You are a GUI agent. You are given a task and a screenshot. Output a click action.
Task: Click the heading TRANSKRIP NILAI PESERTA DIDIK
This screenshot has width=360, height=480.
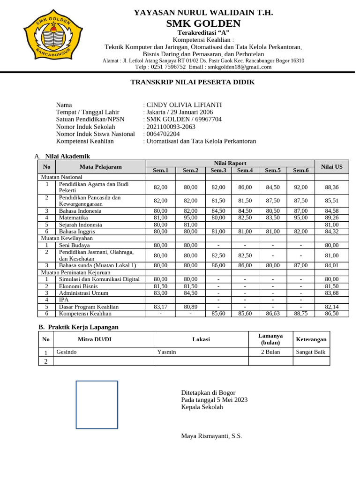point(192,82)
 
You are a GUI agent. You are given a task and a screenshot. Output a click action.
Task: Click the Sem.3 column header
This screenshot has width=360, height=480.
point(218,170)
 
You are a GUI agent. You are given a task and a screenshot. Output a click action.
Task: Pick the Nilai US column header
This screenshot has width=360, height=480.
point(331,166)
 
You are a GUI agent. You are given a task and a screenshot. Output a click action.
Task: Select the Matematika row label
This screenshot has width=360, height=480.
point(73,218)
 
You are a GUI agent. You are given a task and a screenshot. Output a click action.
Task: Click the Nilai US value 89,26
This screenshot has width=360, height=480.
point(331,218)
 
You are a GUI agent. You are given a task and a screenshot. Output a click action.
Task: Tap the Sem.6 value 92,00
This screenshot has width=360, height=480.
point(300,187)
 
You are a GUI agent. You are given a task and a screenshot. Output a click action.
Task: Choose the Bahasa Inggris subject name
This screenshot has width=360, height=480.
point(77,232)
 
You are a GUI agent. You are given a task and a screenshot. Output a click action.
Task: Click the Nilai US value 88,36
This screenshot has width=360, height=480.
point(331,187)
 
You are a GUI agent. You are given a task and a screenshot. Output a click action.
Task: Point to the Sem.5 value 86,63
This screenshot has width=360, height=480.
point(272,314)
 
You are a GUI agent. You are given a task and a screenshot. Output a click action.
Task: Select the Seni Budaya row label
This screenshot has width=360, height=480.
point(74,245)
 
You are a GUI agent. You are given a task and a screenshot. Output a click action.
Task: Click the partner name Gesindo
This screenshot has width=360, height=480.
point(67,352)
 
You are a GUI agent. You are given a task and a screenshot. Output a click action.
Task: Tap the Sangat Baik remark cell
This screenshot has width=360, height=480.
point(311,352)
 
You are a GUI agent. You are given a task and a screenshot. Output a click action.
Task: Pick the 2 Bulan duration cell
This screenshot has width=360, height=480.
point(270,352)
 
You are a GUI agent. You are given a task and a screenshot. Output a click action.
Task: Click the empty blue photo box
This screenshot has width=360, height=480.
point(97,405)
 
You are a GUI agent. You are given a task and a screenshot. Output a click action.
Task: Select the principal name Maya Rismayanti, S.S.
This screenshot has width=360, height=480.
point(211,436)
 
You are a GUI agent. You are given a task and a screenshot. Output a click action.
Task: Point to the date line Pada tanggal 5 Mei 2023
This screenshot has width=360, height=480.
point(214,400)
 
